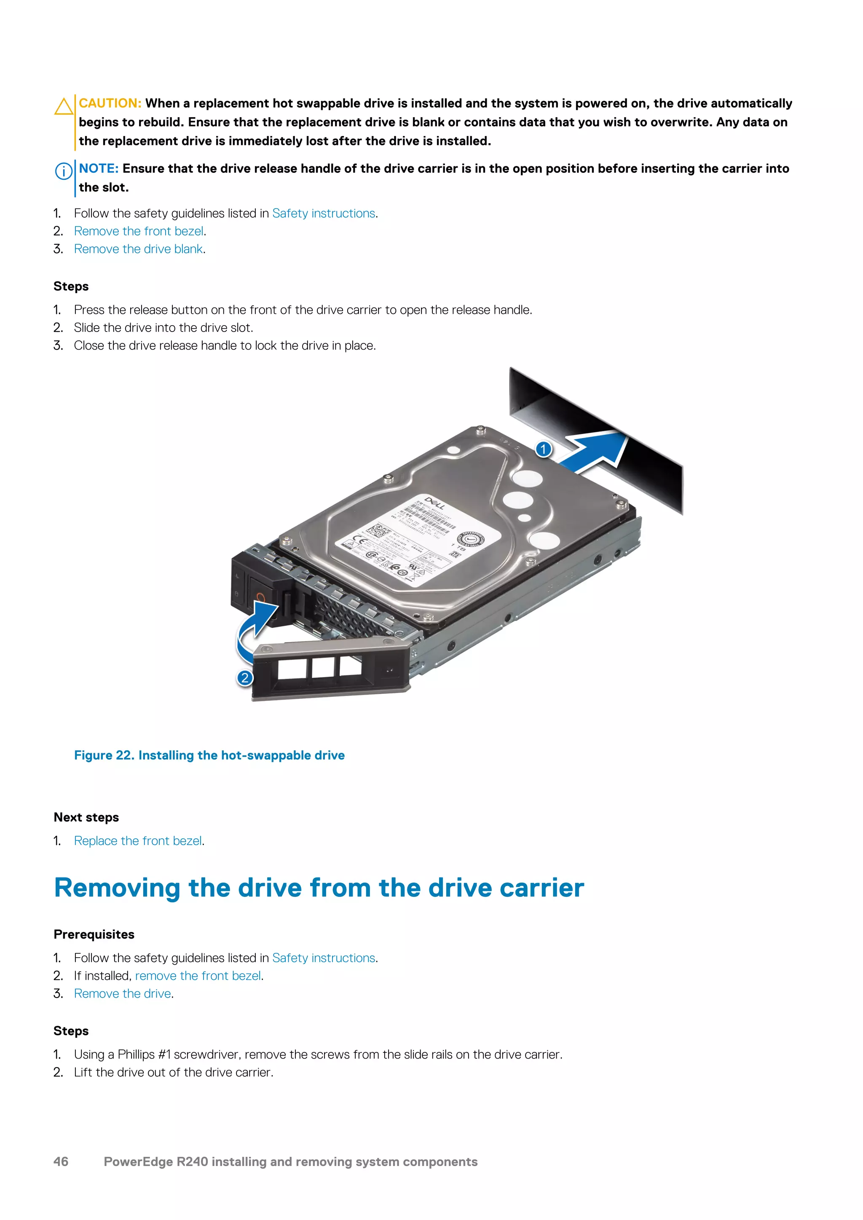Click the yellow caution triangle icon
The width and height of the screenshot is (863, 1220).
pos(64,107)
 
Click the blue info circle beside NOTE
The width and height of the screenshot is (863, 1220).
pos(64,171)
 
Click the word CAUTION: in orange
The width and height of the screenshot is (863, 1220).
pos(110,103)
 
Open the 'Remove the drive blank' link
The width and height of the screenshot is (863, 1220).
pos(138,249)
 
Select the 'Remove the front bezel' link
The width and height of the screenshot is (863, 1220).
pos(139,231)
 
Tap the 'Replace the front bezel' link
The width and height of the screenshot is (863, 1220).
pos(138,840)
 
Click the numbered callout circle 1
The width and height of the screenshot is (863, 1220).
pos(543,449)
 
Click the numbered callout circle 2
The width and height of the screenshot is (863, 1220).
pos(244,678)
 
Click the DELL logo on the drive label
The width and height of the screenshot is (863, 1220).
pos(435,503)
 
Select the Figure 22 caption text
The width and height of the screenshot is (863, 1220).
pos(209,755)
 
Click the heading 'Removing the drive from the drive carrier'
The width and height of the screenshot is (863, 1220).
pos(319,888)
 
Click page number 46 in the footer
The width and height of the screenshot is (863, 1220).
pos(61,1161)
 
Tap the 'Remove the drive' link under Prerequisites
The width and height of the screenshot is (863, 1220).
pos(123,994)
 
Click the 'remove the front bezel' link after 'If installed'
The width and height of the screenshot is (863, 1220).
pos(198,976)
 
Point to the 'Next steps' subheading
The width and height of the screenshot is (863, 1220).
pos(86,817)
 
